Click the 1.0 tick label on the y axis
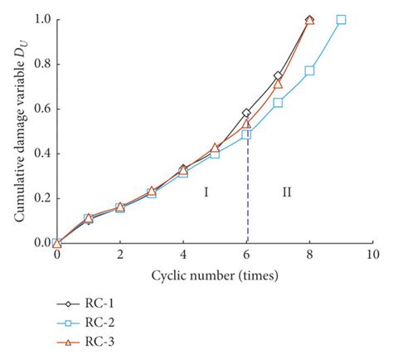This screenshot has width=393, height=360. [x=41, y=19]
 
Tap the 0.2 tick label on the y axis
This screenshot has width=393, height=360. [x=41, y=198]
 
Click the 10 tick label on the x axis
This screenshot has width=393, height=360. [x=372, y=256]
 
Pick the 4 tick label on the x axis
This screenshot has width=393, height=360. [x=183, y=256]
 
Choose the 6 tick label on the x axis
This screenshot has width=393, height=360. [x=246, y=256]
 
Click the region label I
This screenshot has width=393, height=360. [x=206, y=192]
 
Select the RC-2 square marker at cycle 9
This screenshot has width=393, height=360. [x=341, y=20]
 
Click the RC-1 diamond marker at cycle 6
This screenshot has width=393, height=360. [x=246, y=113]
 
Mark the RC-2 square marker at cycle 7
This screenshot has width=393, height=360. [x=278, y=102]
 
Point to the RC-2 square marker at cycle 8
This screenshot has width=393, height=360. [x=309, y=71]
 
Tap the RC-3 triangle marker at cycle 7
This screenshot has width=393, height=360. [x=278, y=84]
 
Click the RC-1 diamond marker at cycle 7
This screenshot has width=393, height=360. [x=278, y=75]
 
